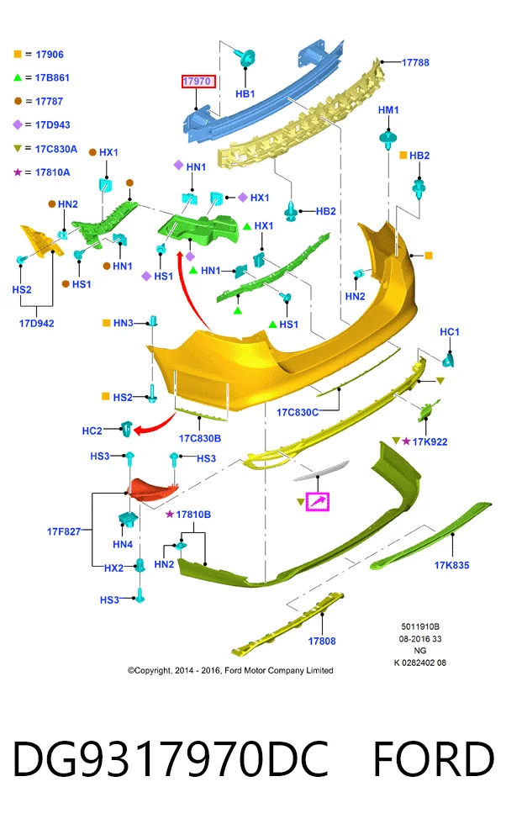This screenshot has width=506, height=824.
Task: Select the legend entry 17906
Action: (50, 55)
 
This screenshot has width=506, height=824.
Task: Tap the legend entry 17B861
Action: (52, 77)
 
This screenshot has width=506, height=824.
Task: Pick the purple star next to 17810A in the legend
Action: (18, 172)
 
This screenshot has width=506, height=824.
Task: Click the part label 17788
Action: (415, 62)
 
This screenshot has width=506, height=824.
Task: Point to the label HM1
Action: (388, 110)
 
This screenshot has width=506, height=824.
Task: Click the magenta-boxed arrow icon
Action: (318, 502)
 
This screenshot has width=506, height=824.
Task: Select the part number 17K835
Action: (451, 565)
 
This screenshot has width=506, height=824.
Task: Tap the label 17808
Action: (322, 641)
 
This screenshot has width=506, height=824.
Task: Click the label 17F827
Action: (64, 531)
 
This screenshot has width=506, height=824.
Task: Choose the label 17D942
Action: (37, 323)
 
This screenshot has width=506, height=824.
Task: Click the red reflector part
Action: (154, 489)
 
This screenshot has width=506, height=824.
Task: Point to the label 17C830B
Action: (200, 438)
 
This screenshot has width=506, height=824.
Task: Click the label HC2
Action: (92, 430)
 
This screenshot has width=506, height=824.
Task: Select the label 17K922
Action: (430, 442)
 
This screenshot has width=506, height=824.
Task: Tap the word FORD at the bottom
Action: (434, 758)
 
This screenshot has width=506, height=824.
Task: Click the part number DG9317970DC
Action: (171, 758)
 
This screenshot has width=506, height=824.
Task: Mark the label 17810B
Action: (193, 515)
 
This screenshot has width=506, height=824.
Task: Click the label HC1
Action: (449, 332)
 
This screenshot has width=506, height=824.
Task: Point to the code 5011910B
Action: (420, 626)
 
